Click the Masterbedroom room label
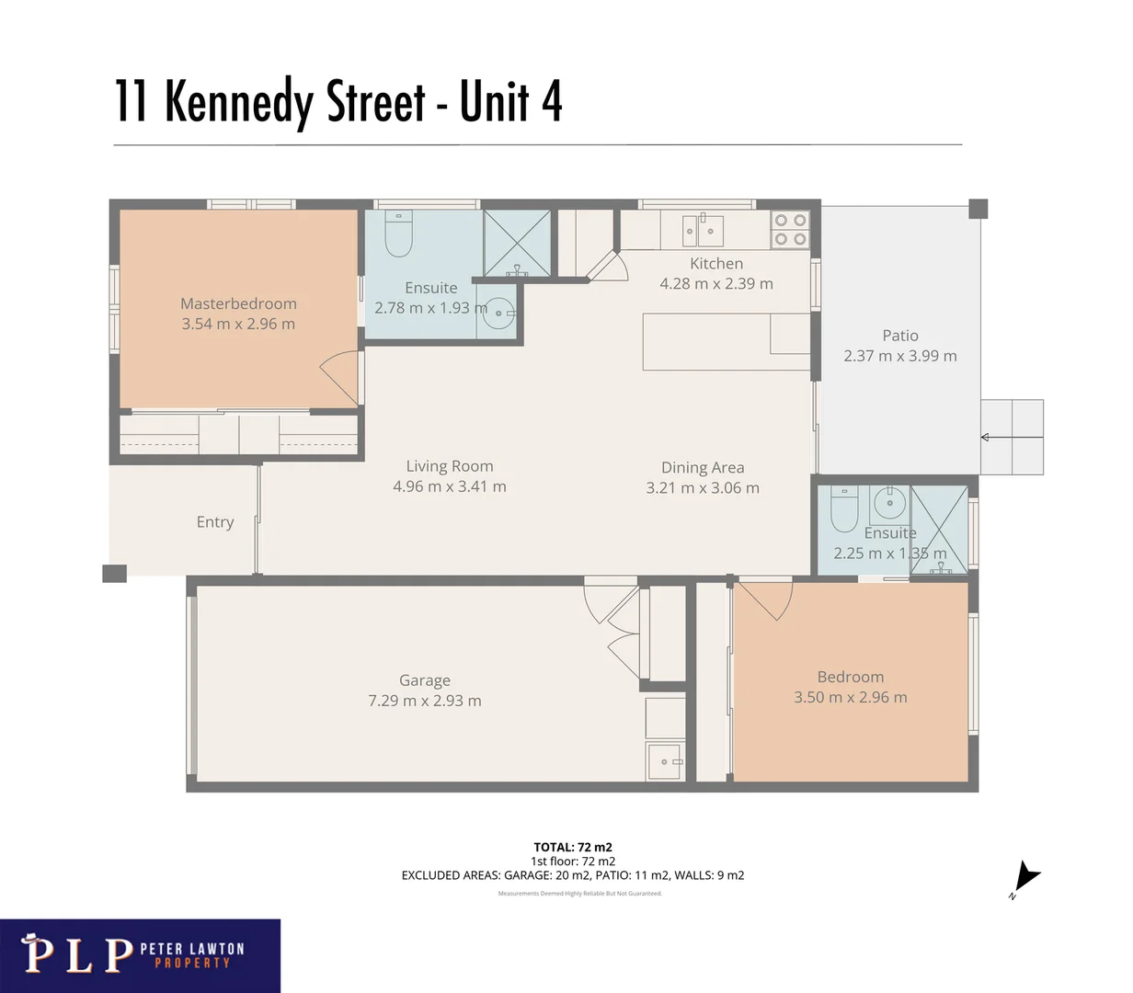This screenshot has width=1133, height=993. (x=238, y=303)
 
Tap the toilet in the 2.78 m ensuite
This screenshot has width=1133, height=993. (x=399, y=235)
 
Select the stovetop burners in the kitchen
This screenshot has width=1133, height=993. (x=789, y=229)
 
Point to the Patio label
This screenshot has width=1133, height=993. (x=899, y=336)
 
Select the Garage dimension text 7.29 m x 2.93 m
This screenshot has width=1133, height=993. (x=424, y=701)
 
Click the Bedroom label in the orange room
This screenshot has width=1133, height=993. (x=850, y=677)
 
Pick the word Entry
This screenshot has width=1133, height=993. (x=215, y=522)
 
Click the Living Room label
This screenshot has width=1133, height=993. (x=449, y=466)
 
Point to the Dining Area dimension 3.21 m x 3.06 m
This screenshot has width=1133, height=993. (x=702, y=488)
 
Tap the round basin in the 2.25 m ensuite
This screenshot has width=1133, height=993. (x=889, y=503)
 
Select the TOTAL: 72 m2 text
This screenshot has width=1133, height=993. (x=572, y=847)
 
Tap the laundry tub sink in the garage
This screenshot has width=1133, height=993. (x=665, y=761)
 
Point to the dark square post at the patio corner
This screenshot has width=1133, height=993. (x=978, y=209)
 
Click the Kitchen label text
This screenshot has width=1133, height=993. (x=715, y=264)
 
